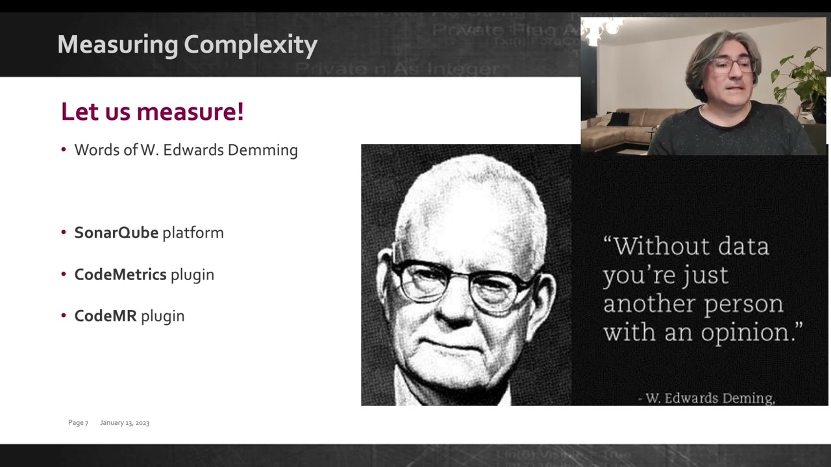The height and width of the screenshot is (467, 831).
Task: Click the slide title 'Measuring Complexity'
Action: click(187, 45)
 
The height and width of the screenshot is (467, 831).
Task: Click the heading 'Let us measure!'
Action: click(152, 112)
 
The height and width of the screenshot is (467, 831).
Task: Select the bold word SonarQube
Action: click(116, 233)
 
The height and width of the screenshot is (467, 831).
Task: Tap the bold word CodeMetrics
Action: click(120, 274)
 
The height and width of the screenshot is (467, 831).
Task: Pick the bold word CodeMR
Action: click(105, 316)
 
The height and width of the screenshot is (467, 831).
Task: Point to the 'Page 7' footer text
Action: click(78, 423)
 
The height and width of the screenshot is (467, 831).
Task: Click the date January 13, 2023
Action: click(125, 423)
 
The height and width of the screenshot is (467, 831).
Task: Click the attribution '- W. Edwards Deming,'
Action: click(706, 398)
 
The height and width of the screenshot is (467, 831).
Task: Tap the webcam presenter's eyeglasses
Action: click(732, 65)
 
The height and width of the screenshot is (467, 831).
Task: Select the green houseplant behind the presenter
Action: click(802, 78)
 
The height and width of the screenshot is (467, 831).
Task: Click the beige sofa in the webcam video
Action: click(623, 126)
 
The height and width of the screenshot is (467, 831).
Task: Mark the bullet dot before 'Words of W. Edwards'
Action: click(64, 150)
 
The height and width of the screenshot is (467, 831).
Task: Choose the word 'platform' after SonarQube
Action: click(193, 233)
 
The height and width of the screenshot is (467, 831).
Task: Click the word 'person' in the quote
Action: click(746, 304)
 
